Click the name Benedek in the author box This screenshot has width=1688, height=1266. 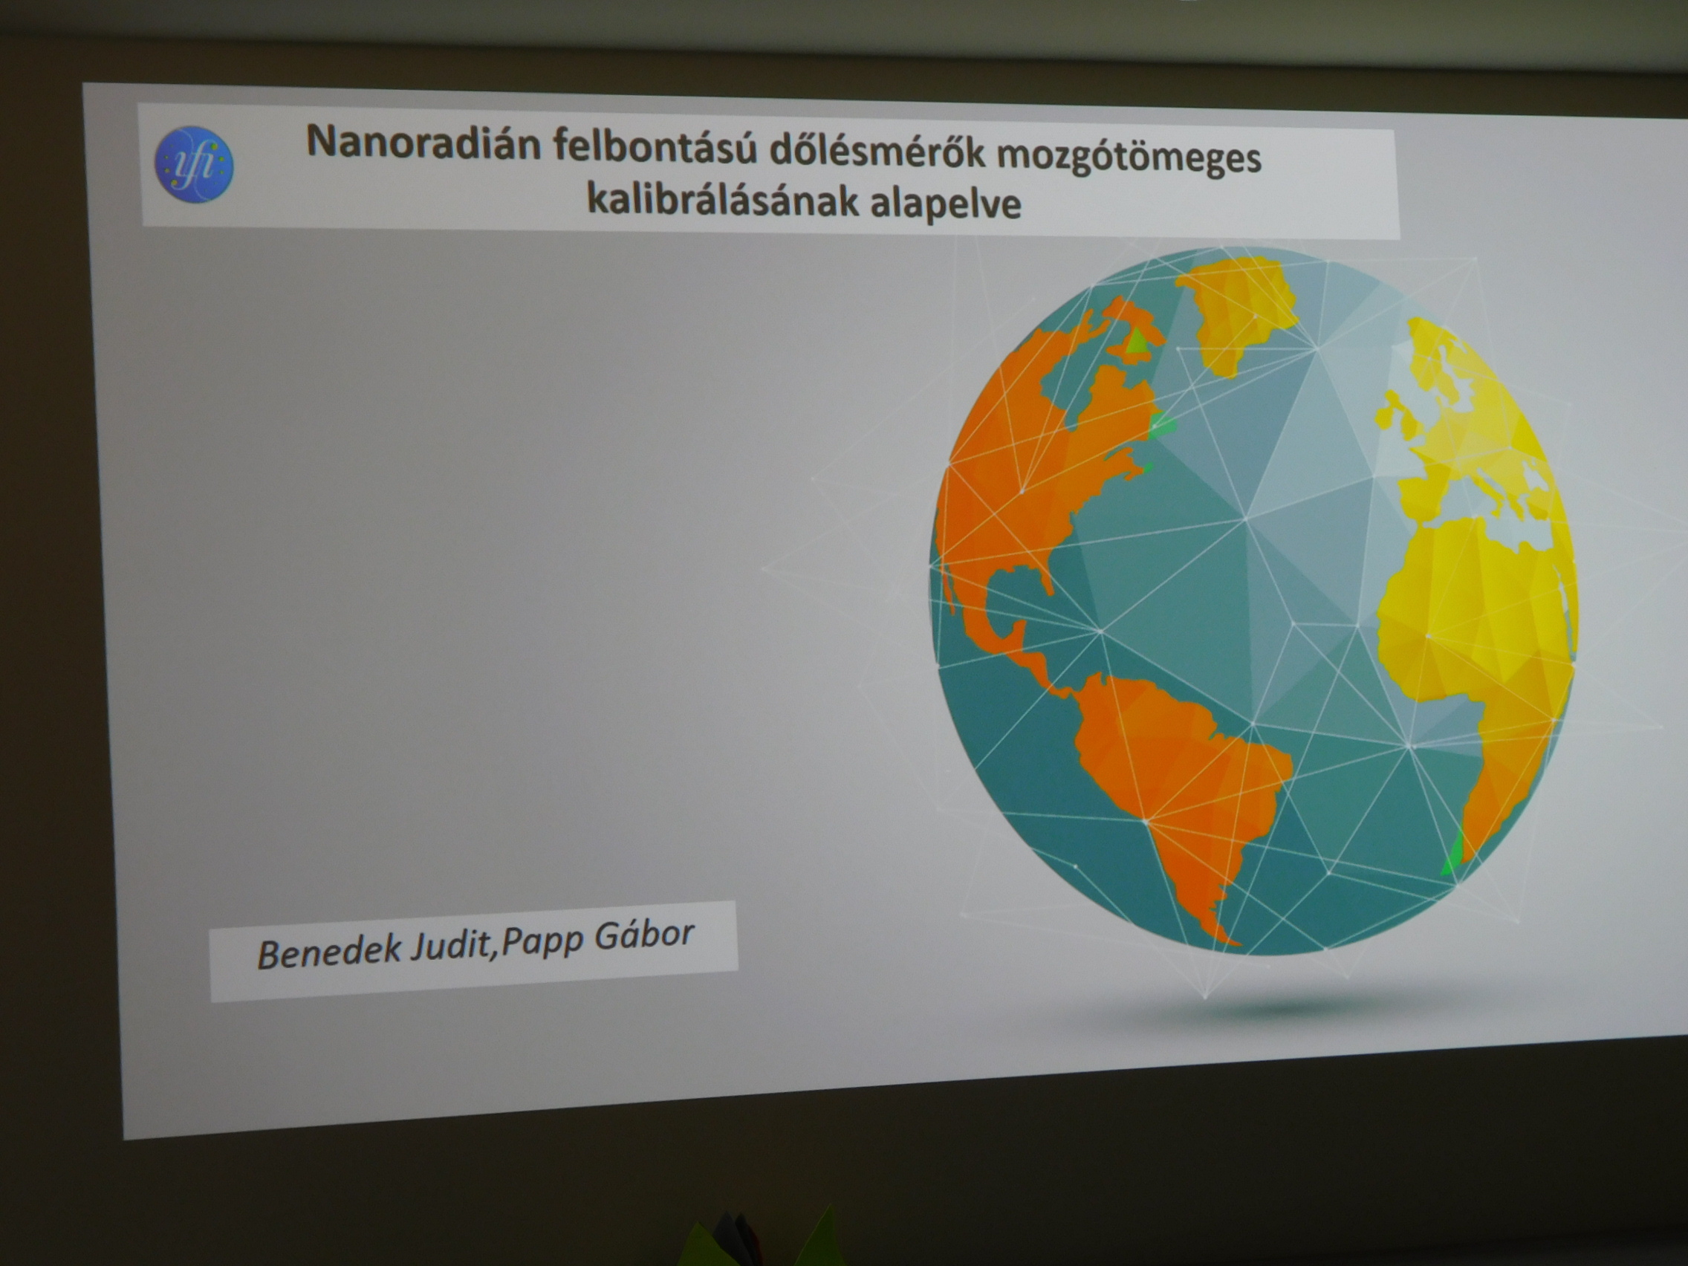[330, 952]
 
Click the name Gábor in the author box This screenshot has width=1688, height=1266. [643, 935]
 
